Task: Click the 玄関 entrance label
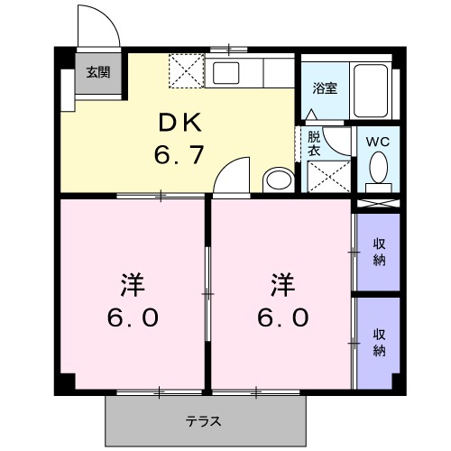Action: (99, 73)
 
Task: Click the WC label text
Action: (378, 142)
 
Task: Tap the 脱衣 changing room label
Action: (314, 144)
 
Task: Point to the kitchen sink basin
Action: (225, 72)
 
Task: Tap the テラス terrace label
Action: (204, 420)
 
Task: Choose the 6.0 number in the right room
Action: (283, 318)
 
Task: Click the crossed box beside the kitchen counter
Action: (188, 69)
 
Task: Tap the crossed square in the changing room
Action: (328, 175)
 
